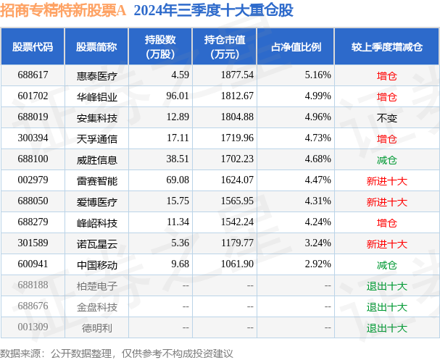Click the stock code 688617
coord(33,75)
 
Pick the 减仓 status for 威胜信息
coord(386,159)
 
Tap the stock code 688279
coord(33,222)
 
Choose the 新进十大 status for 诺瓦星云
coord(386,243)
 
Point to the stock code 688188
coord(33,285)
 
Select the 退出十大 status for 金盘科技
coord(386,306)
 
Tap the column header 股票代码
coord(33,46)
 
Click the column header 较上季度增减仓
coord(386,46)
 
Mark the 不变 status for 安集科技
coord(386,117)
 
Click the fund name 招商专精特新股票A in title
coord(63,11)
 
